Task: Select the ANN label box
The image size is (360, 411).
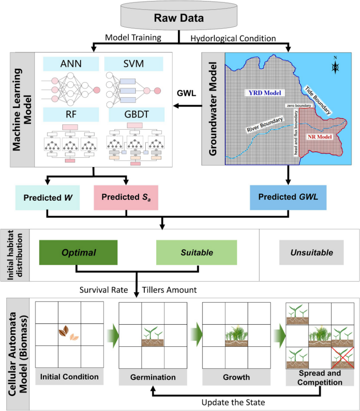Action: (71, 64)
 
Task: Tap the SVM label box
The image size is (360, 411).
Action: (133, 64)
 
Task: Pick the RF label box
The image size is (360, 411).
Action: (71, 114)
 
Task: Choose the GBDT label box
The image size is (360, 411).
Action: (137, 114)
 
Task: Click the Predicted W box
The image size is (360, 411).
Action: (47, 197)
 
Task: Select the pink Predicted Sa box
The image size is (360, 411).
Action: (126, 197)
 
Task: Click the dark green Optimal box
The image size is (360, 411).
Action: (78, 252)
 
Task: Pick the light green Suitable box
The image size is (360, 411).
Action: (196, 252)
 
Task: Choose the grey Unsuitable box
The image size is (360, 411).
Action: (311, 252)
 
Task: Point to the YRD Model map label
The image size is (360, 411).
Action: (265, 93)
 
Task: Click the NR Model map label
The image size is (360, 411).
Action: (319, 137)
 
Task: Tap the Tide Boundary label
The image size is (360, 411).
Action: (317, 100)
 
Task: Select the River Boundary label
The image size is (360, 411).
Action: (265, 124)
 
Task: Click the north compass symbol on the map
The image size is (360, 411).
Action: (335, 65)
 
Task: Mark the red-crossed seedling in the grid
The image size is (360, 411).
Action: (343, 358)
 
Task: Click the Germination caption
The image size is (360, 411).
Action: (153, 377)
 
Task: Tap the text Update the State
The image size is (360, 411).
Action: (233, 402)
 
